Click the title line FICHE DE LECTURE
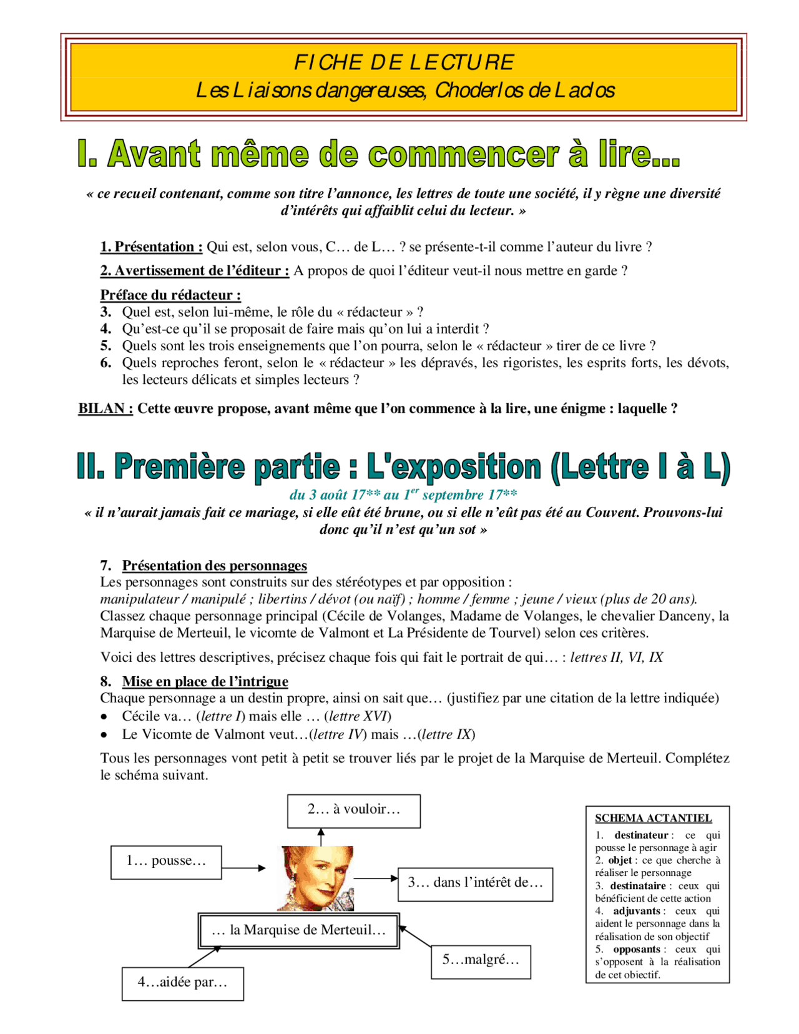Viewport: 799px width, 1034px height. point(404,62)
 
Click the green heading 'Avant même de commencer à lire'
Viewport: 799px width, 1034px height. point(378,154)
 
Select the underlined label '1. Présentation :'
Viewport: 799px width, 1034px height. point(151,247)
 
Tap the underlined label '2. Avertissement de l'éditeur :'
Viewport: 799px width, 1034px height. point(194,270)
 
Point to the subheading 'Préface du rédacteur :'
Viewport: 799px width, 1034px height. point(170,295)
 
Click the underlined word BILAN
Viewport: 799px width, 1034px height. point(105,408)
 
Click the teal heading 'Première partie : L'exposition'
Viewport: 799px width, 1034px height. point(403,466)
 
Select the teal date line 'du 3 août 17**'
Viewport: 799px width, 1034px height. point(403,495)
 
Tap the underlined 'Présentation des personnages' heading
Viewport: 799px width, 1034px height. point(214,565)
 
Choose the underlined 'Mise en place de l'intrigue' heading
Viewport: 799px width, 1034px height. point(205,681)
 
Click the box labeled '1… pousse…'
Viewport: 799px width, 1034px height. point(166,862)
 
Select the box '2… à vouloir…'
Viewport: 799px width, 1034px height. point(353,810)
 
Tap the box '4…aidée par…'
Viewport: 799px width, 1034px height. point(182,983)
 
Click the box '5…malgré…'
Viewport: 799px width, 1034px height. point(481,961)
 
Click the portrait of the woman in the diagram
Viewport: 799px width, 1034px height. point(316,878)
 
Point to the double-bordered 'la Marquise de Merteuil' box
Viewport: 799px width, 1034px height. point(298,930)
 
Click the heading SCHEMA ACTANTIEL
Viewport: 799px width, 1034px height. point(653,818)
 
